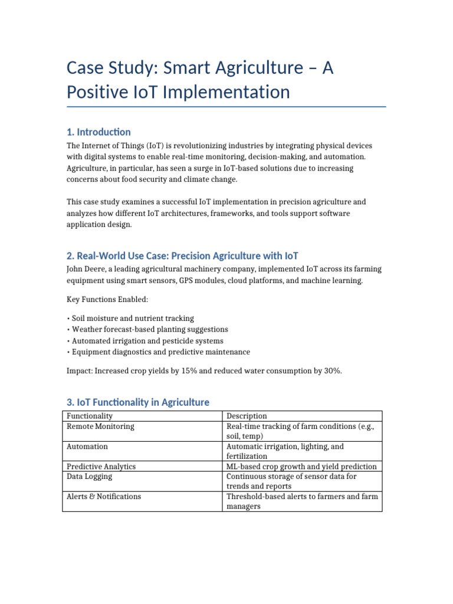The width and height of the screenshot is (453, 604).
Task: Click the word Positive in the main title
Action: pos(100,93)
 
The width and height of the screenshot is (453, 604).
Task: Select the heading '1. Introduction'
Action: pos(99,132)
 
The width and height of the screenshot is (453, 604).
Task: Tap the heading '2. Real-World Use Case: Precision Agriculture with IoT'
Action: pos(182,255)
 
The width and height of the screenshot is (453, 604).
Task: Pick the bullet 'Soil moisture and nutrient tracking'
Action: pos(133,318)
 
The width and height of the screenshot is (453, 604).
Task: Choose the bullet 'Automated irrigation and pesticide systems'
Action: pos(147,341)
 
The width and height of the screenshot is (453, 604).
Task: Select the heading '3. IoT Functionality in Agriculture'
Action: pos(137,402)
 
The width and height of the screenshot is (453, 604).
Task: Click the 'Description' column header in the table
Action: pos(247,416)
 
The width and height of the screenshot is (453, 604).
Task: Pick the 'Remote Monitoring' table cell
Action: pos(100,426)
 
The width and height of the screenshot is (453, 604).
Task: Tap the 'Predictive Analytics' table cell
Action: pos(101,466)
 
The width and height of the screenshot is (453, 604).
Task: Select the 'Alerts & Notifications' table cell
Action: pos(104,496)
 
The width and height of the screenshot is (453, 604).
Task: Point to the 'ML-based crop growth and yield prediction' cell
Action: pos(301,466)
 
